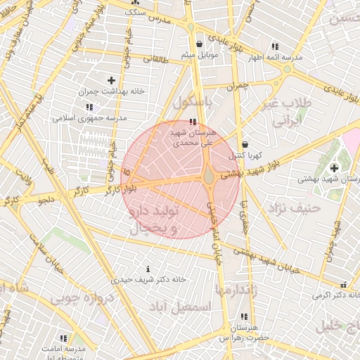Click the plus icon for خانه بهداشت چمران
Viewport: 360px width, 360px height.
tap(111, 80)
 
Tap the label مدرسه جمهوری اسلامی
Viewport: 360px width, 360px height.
tap(89, 118)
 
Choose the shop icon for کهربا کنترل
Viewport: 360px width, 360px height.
tap(245, 144)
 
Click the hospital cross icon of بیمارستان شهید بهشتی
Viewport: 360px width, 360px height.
tap(333, 167)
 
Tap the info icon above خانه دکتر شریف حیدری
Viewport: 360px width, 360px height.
tap(148, 269)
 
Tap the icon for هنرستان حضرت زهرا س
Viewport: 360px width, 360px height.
tap(244, 317)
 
